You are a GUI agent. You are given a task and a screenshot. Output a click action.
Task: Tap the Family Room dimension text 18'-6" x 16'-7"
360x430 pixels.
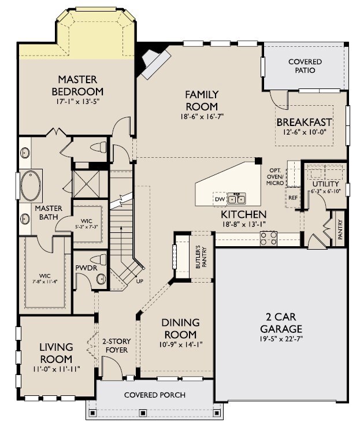click(x=201, y=116)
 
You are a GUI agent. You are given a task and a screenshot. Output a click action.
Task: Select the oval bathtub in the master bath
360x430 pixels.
click(x=31, y=185)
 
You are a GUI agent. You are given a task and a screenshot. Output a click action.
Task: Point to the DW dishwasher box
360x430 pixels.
click(x=220, y=198)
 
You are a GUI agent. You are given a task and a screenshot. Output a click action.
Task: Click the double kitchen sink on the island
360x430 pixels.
click(x=237, y=199)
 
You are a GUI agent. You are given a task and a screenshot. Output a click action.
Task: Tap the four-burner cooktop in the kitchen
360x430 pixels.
click(x=269, y=238)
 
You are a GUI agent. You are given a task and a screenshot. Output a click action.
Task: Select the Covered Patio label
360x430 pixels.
click(x=305, y=66)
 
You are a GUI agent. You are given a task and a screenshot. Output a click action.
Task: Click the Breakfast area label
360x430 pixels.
click(x=304, y=122)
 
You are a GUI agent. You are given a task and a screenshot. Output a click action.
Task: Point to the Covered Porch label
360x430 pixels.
click(x=155, y=395)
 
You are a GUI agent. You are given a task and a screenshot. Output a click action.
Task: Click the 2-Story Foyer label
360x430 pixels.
click(x=114, y=345)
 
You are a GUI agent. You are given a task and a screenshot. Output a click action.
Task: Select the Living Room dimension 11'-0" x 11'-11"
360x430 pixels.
click(x=56, y=368)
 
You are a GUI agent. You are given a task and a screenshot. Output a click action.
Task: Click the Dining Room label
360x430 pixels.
click(x=180, y=328)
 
